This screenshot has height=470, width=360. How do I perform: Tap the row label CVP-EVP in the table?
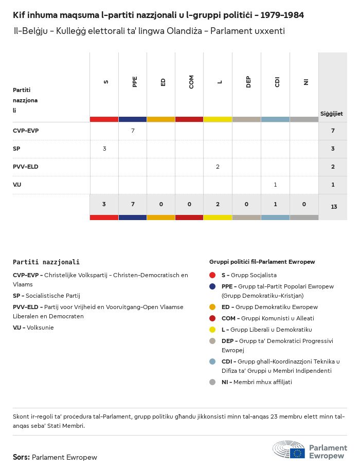click(26, 131)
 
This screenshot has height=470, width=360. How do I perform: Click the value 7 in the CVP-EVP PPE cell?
click(133, 131)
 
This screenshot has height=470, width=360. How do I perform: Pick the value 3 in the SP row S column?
click(104, 149)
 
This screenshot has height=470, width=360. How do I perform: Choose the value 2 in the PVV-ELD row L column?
click(218, 167)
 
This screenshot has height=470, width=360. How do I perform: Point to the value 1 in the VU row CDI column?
click(275, 185)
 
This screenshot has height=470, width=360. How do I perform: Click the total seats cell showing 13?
click(334, 207)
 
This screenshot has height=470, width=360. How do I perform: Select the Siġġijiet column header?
click(332, 114)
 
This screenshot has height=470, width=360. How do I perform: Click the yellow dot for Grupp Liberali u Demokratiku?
click(213, 330)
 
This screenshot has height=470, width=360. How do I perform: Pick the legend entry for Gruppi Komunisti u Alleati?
click(267, 318)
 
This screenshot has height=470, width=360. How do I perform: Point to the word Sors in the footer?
click(21, 457)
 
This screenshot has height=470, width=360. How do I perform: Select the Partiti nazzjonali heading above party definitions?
click(46, 262)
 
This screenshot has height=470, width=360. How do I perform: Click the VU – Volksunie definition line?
click(33, 328)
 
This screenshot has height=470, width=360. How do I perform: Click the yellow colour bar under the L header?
click(218, 119)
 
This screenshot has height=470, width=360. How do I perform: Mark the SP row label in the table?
click(16, 149)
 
